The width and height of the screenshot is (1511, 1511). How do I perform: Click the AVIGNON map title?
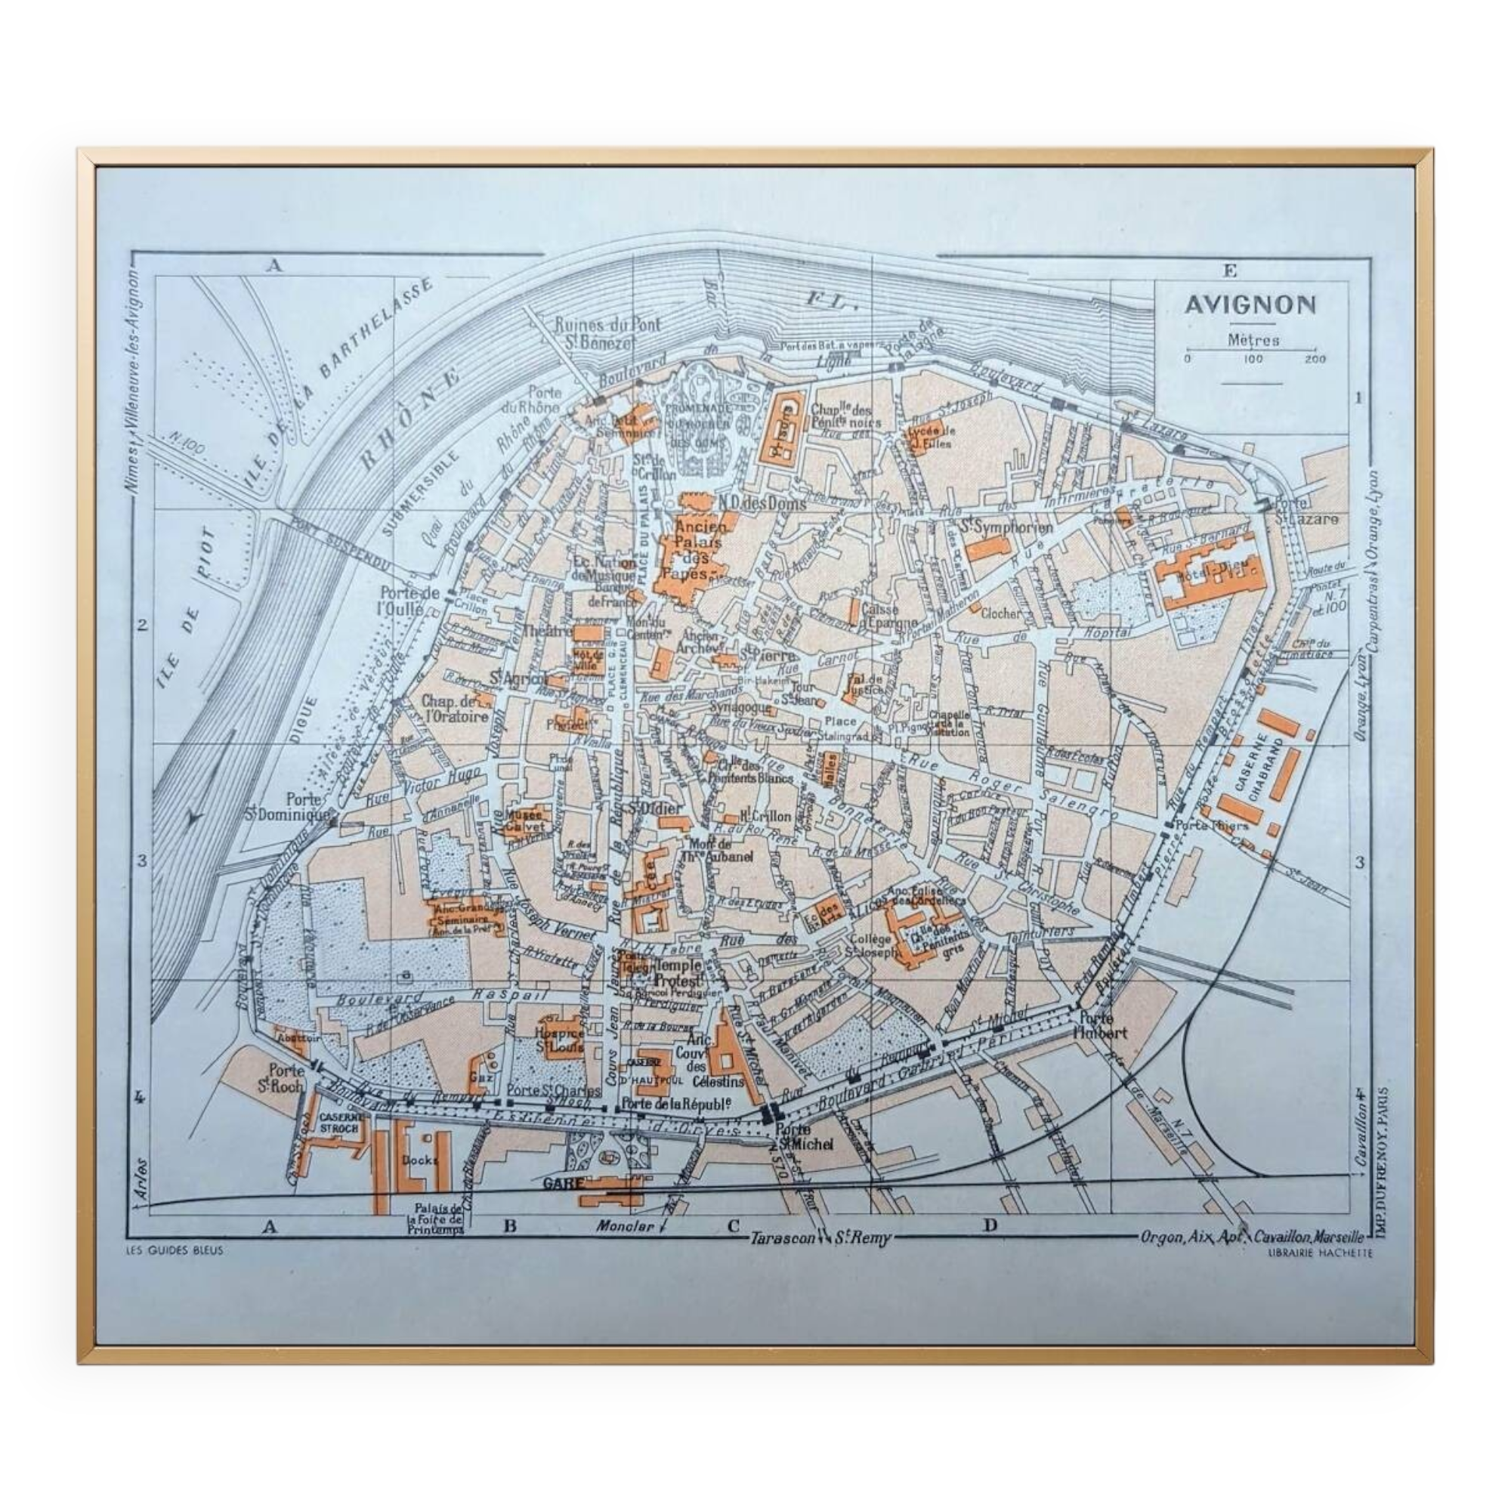(x=1249, y=305)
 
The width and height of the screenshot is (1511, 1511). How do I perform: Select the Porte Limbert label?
(x=1102, y=1025)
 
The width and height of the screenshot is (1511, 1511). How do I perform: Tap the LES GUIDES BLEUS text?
(x=175, y=1250)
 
